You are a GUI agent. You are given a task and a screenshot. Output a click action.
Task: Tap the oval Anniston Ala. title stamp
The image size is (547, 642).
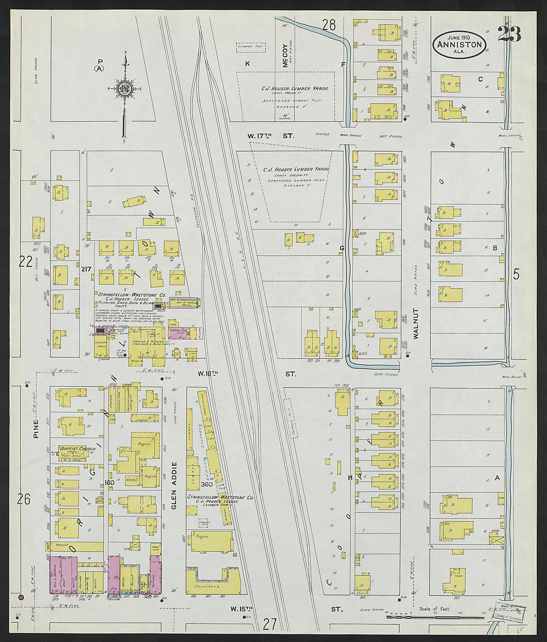(x=460, y=45)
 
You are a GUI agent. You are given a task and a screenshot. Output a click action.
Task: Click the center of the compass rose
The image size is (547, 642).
(x=126, y=89)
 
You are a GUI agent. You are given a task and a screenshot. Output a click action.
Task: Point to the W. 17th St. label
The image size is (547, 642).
(x=271, y=136)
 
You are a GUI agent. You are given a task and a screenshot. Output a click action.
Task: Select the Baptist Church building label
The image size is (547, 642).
(x=73, y=448)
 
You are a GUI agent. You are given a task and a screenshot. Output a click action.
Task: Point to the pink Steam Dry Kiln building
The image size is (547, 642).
(x=179, y=331)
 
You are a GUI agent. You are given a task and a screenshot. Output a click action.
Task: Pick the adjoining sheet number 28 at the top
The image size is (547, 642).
(x=329, y=25)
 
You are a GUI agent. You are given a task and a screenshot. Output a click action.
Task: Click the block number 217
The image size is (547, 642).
(x=86, y=269)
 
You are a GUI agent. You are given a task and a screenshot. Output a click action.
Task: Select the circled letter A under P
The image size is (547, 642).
(x=100, y=69)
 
